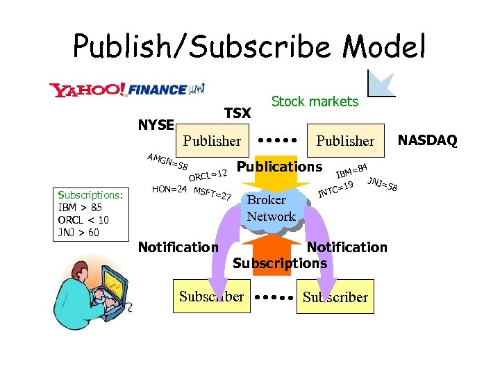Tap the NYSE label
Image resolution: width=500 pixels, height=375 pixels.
pos(156,124)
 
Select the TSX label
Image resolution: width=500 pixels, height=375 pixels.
pos(237,112)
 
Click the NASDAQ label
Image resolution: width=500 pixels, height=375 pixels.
pos(427,140)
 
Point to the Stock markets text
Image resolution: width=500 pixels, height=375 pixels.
pos(315,101)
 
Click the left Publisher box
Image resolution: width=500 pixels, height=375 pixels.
pos(212,141)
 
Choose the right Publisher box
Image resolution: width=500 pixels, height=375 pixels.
pos(345,141)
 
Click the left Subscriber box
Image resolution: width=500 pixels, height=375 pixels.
pos(211,297)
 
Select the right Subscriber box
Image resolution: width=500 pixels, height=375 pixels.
pos(335,297)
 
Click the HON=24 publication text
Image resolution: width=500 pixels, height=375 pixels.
pos(169,189)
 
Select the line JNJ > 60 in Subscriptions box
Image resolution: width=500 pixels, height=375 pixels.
pos(78,232)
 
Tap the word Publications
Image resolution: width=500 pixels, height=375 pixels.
pos(279,167)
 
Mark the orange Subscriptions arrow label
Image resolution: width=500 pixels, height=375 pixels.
pos(279,262)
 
